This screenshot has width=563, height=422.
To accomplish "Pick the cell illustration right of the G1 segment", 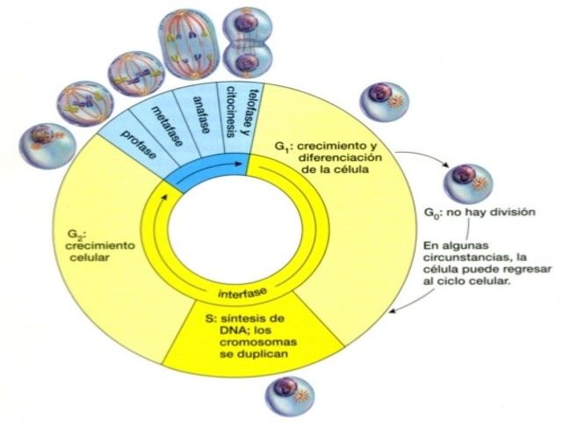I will tap(384, 98).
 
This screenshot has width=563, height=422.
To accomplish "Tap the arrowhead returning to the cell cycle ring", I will tap(396, 309).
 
